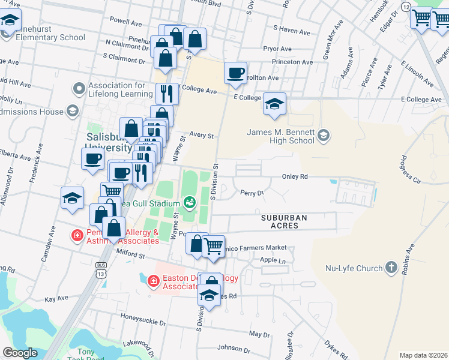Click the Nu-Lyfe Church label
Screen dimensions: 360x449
354,268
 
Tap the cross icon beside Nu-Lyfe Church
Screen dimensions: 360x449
391,267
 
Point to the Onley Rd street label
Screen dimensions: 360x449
295,177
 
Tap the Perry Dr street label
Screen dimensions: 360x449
252,193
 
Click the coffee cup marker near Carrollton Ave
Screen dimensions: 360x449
235,73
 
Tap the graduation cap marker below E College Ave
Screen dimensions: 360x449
274,104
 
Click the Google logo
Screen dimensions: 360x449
20,353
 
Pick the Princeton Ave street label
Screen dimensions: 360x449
292,62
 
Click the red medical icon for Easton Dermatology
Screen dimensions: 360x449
153,280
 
